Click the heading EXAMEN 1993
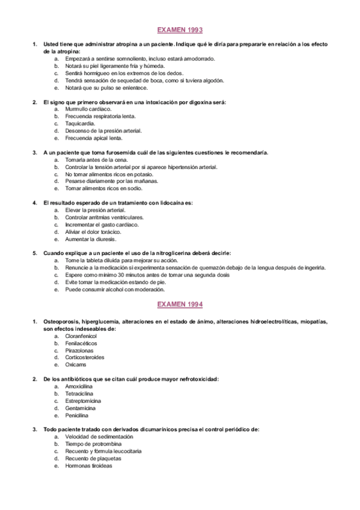coord(180,29)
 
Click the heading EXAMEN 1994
coord(180,305)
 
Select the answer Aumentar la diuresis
coord(91,239)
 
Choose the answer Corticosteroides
coord(85,357)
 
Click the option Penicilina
coord(77,415)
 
